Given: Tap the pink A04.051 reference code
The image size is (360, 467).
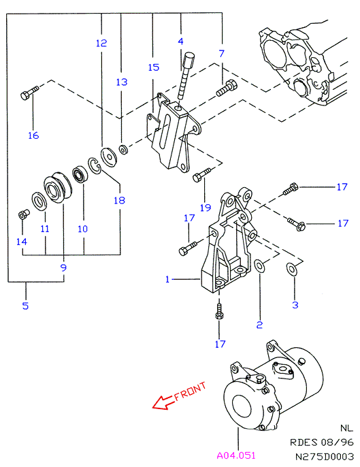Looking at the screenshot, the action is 236,455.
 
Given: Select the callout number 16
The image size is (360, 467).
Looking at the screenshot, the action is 33,135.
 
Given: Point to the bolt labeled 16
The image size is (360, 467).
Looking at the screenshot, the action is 29,93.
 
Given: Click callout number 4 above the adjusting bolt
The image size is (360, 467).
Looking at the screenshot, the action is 180,41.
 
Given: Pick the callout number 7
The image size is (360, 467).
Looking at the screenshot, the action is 221,53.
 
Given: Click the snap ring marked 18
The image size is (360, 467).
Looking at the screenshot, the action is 95,166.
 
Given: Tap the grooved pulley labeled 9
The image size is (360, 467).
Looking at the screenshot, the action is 57,188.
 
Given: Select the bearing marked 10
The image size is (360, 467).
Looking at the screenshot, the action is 80,174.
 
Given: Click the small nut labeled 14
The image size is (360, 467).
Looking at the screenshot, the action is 24,214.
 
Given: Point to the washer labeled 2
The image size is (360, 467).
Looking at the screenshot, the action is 260,265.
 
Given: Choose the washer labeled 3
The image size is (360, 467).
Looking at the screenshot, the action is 291,269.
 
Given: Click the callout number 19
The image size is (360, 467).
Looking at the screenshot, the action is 206,207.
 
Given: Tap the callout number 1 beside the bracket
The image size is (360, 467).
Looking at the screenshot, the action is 167,279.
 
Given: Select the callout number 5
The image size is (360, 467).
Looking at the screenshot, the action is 25,306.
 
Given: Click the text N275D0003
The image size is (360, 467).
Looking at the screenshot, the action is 325,456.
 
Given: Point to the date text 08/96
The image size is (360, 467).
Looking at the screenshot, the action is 337,442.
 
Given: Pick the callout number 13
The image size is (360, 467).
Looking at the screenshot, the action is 122,82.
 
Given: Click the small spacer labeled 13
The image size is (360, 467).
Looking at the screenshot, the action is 124,149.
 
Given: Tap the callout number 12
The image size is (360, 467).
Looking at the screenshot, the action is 101,43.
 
